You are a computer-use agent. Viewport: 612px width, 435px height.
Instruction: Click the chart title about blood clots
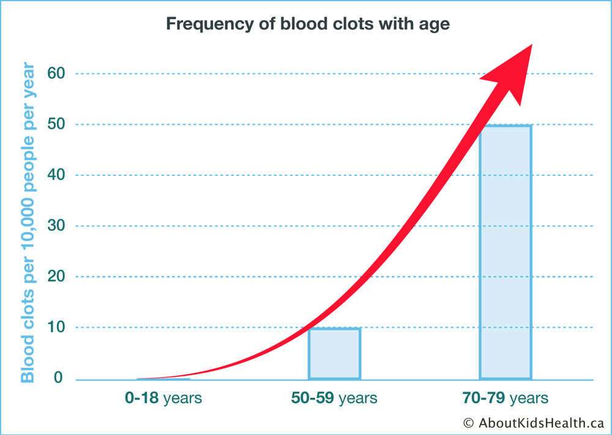coord(308,24)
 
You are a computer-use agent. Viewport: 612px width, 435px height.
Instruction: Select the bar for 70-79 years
coord(506,252)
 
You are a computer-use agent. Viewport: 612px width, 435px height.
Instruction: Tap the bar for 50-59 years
coord(335,354)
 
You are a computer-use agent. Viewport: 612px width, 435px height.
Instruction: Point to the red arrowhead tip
coord(532,45)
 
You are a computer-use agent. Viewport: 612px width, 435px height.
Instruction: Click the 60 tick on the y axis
coord(56,73)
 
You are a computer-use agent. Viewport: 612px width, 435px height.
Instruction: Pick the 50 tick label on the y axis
coord(56,125)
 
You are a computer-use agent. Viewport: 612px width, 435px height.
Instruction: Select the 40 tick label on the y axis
coord(56,175)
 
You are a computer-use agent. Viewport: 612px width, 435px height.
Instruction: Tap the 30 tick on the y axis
coord(56,225)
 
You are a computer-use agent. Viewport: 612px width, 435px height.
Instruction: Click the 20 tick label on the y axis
coord(56,276)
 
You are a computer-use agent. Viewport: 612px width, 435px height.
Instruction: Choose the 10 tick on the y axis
coord(56,327)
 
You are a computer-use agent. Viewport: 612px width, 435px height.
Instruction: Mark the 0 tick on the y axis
coord(58,378)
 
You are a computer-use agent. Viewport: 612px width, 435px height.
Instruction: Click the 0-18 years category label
coord(163,398)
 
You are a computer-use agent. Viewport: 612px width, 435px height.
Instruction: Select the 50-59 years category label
coord(334,398)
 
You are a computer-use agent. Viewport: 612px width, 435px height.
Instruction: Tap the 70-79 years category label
coord(506,398)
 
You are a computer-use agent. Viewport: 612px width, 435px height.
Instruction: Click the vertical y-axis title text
coord(28,222)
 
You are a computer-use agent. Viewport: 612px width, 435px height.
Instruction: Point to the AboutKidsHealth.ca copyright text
coord(534,423)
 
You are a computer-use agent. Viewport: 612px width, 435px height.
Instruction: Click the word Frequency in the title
coord(209,24)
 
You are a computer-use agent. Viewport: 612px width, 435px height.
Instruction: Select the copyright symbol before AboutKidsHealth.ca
coord(469,423)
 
